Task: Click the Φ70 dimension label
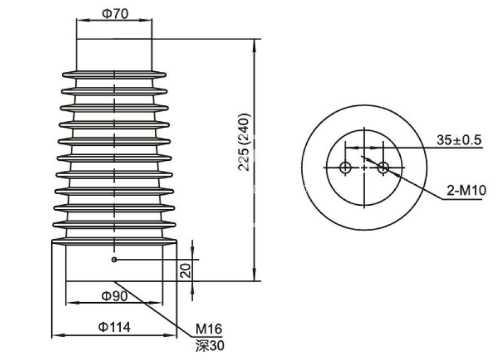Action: point(114,14)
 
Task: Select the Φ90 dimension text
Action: point(114,296)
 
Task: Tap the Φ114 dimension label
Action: point(114,327)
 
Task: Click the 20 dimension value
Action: point(186,270)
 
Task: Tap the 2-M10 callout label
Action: point(466,191)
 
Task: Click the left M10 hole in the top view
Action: point(345,167)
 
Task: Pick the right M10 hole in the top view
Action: point(383,167)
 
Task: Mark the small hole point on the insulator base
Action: point(114,259)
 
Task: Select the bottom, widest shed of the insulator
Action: point(114,242)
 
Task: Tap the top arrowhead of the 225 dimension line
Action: point(255,43)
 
